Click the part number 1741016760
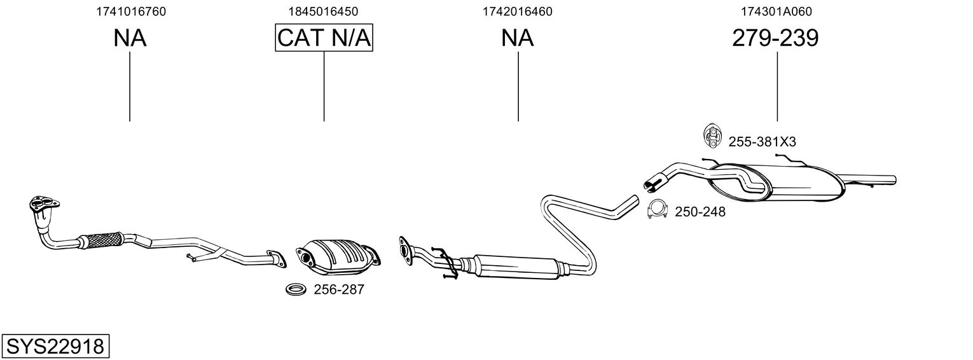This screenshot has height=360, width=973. tap(130, 11)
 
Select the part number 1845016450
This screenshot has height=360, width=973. tap(324, 11)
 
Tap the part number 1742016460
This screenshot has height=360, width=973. tap(518, 11)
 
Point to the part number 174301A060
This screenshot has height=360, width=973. tap(776, 11)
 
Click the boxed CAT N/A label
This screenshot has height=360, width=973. tap(324, 38)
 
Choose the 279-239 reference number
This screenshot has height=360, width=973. tap(775, 38)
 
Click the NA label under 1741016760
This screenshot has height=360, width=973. tap(130, 38)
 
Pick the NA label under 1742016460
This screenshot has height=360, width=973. tap(518, 38)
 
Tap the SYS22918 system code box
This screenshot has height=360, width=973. tap(55, 347)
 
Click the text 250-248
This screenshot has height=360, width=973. tap(700, 212)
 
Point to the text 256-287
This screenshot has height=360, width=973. tap(339, 290)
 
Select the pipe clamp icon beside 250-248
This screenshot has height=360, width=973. tap(657, 209)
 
